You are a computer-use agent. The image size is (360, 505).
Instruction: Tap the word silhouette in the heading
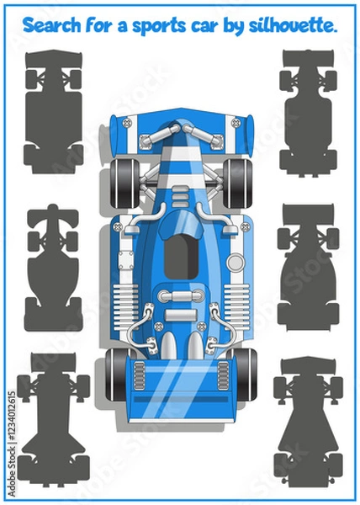pyautogui.click(x=293, y=25)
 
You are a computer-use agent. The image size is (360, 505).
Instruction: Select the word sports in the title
pyautogui.click(x=159, y=26)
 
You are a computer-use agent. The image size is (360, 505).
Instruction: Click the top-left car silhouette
pyautogui.click(x=53, y=112)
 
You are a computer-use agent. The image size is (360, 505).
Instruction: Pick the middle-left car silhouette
pyautogui.click(x=53, y=268)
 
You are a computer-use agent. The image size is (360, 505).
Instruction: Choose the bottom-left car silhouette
pyautogui.click(x=53, y=419)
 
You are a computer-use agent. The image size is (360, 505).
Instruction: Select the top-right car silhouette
pyautogui.click(x=308, y=113)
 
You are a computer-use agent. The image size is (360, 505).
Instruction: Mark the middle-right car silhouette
pyautogui.click(x=308, y=268)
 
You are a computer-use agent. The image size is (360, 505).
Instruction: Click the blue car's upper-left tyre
pyautogui.click(x=124, y=183)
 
